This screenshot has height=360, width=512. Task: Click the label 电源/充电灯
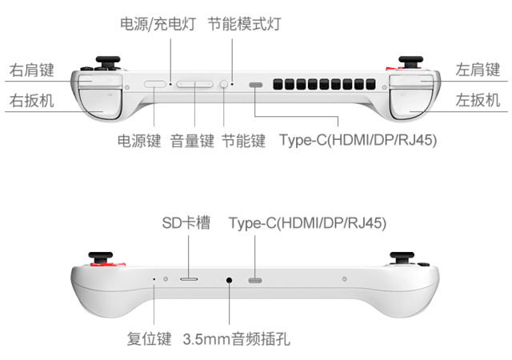[x=158, y=24]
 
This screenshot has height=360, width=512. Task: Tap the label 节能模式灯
[x=245, y=24]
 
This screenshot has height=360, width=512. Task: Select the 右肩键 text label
[x=32, y=70]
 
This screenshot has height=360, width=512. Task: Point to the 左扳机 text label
[x=478, y=100]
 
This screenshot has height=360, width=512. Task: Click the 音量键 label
[x=192, y=141]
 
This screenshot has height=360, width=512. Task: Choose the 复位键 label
[x=150, y=338]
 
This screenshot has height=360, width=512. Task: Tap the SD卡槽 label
[x=186, y=223]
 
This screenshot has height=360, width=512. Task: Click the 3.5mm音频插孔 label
[x=237, y=338]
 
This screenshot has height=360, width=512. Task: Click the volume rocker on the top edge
[x=195, y=85]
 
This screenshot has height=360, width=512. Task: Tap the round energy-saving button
[x=224, y=84]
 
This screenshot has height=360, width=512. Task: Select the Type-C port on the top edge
[x=256, y=85]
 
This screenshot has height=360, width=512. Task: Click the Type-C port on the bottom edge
[x=255, y=280]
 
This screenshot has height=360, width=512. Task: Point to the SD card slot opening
[x=189, y=279]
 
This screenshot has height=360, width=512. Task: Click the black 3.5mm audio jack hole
[x=230, y=280]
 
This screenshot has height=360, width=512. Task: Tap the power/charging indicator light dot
[x=170, y=84]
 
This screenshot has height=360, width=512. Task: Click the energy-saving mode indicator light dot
[x=232, y=84]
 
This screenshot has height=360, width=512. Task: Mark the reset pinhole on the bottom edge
[x=154, y=279]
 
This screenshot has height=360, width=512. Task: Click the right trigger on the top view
[x=101, y=104]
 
